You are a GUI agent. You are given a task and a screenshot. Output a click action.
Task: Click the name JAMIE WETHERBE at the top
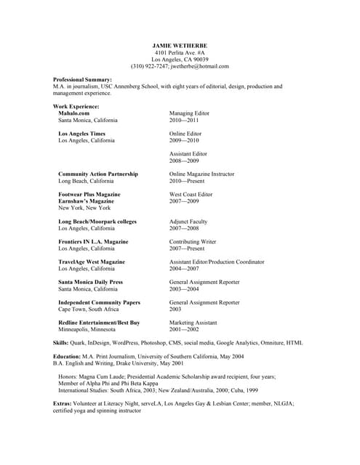pos(180,45)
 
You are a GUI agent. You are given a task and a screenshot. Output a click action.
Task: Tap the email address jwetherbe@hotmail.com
pos(199,66)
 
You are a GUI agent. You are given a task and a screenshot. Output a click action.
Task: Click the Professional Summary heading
pos(83,79)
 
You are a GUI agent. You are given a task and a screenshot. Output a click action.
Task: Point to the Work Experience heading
pos(76,107)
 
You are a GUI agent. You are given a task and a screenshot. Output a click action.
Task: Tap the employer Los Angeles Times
pos(81,134)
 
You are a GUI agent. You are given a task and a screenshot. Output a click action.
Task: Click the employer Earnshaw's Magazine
pos(89,201)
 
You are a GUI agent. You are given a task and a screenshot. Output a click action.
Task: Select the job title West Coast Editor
pos(191,195)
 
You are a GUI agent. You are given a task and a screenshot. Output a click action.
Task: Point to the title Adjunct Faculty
pos(188,221)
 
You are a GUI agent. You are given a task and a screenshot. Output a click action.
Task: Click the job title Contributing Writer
pos(193,241)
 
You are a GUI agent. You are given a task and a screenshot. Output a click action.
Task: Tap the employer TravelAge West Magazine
pos(92,262)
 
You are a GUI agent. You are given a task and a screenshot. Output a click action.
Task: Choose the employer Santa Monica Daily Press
pos(90,282)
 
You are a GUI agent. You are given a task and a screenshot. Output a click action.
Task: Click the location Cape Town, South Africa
pos(89,309)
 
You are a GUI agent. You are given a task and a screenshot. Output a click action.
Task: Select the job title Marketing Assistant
pos(194,322)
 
